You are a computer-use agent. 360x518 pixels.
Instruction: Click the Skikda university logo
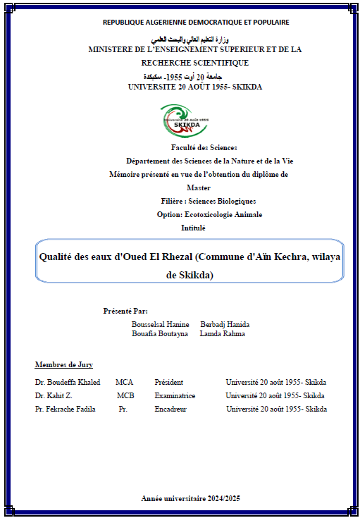click(x=185, y=121)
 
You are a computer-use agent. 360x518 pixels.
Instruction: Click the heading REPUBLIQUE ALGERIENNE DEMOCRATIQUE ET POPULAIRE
click(x=196, y=22)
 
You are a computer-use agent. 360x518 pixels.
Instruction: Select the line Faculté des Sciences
click(x=204, y=147)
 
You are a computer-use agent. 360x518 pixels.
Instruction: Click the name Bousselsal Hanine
click(x=160, y=324)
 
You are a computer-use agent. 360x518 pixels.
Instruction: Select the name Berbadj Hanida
click(x=225, y=324)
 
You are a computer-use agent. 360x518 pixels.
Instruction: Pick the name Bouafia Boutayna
click(x=160, y=333)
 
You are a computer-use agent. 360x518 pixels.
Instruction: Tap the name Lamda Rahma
click(x=223, y=333)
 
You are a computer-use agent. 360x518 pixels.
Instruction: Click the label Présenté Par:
click(x=125, y=310)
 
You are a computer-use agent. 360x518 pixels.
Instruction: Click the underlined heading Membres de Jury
click(x=63, y=364)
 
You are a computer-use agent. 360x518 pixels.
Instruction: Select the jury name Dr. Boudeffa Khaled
click(x=67, y=382)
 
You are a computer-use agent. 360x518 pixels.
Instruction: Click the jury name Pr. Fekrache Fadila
click(x=68, y=409)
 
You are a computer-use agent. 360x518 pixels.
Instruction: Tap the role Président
click(x=169, y=382)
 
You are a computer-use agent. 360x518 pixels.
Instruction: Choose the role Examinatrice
click(x=175, y=395)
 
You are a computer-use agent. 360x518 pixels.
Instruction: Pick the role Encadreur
click(x=170, y=409)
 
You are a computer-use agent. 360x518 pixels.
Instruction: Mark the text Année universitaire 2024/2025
click(x=190, y=498)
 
